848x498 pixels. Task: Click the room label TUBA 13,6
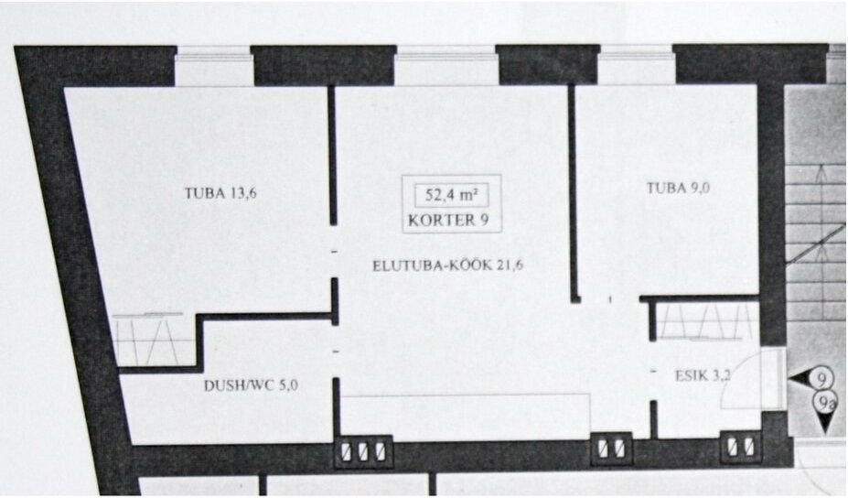coord(220,193)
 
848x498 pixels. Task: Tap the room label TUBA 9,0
coord(678,188)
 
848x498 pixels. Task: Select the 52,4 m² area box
coord(452,195)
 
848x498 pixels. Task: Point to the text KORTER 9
coord(448,221)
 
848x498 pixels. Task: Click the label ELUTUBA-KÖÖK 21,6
coord(448,265)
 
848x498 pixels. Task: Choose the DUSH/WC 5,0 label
coord(251,385)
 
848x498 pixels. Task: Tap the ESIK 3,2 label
coord(703,374)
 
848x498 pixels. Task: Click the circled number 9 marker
coord(822,379)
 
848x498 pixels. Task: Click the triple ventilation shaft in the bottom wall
coord(363,451)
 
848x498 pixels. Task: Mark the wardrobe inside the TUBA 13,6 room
coord(154,340)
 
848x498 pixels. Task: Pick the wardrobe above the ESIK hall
coord(706,321)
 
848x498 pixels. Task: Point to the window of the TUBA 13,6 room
coord(214,66)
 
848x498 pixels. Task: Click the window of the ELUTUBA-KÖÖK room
coord(446,66)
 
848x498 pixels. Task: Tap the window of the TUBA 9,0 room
coord(637,66)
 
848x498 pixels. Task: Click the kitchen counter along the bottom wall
coord(465,417)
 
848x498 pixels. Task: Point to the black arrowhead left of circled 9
coord(801,380)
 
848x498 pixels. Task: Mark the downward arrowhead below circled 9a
coord(825,423)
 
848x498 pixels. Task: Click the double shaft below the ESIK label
coord(741,448)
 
